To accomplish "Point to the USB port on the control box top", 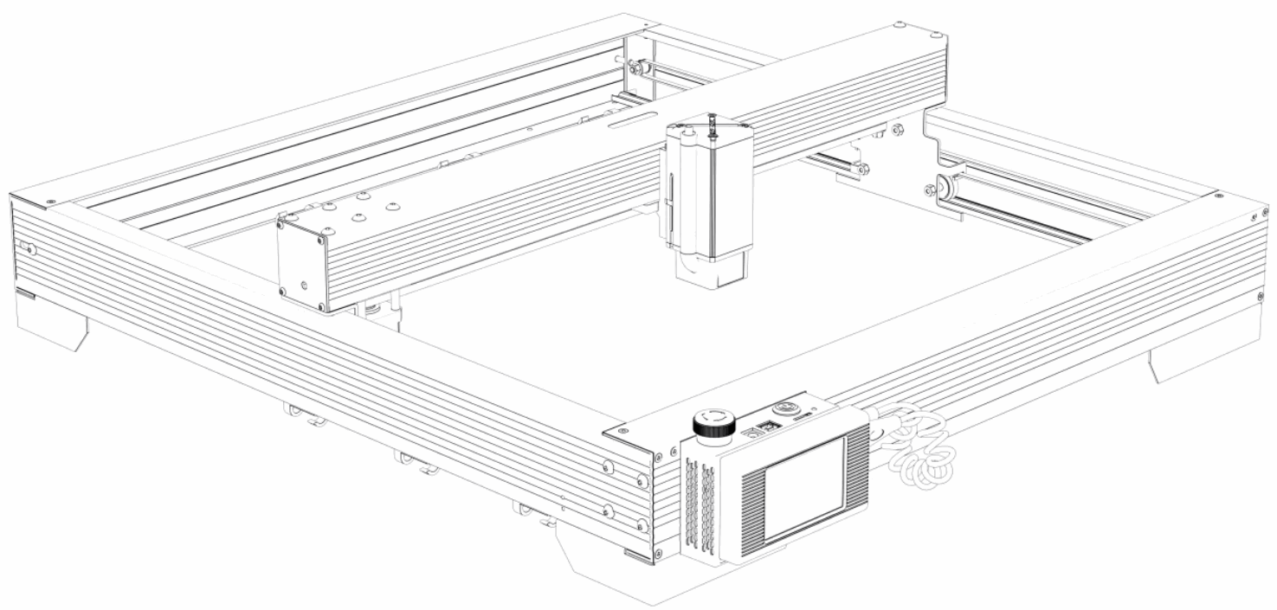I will [765, 427].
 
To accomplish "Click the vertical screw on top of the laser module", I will [712, 126].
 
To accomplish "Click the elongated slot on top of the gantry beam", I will [627, 126].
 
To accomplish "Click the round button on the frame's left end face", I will [31, 250].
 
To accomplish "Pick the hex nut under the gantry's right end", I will [898, 131].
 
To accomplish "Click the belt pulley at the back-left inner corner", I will [636, 67].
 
